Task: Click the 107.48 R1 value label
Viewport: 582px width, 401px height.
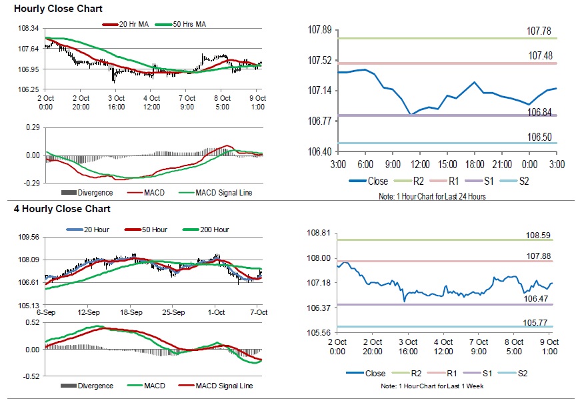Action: coord(541,56)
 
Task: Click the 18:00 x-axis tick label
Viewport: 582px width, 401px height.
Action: coord(474,164)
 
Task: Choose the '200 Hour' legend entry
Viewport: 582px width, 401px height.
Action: coord(213,230)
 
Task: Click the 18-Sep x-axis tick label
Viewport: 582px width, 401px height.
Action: coord(131,312)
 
